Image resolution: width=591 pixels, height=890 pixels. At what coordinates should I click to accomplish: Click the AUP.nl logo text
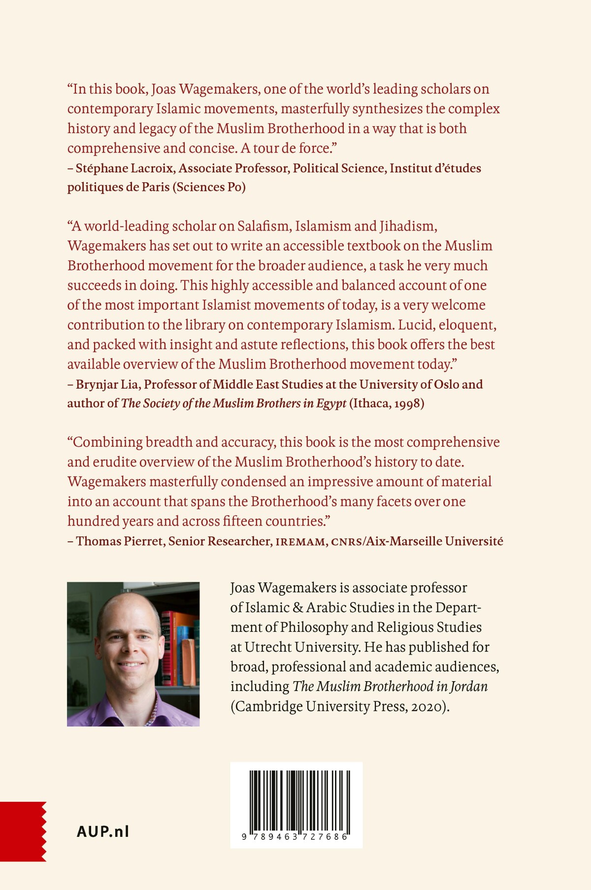[103, 831]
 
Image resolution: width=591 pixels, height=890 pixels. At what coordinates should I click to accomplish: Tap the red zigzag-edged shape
[23, 831]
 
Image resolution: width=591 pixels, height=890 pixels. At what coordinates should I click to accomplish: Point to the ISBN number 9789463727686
[295, 837]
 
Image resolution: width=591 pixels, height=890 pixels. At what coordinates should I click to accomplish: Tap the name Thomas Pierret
[119, 541]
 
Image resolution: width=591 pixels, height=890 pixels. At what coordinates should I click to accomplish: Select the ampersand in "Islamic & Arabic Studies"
[298, 607]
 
